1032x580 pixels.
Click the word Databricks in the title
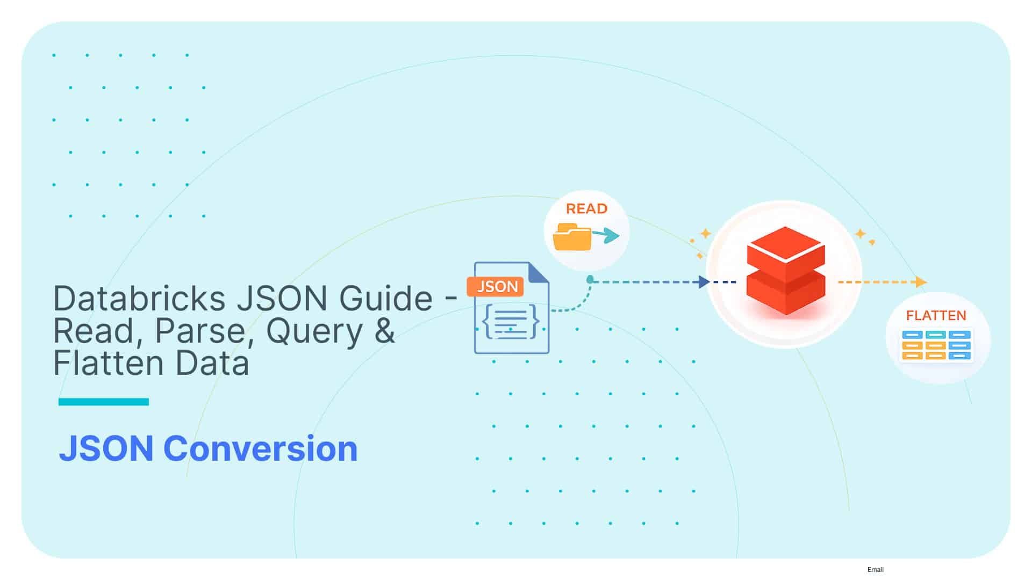139,299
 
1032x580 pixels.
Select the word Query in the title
314,331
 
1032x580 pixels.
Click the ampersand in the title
385,331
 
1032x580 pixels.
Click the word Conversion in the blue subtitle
260,449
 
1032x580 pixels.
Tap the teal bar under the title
103,402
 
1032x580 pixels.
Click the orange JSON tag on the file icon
495,287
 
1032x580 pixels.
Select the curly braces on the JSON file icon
511,322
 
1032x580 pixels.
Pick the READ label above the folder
586,209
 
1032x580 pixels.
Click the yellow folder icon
571,237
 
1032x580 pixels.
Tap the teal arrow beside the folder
607,235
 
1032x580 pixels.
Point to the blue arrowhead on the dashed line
704,282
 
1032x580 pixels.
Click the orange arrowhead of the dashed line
921,282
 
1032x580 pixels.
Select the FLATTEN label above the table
936,316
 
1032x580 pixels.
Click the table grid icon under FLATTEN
936,345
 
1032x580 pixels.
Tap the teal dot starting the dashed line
590,279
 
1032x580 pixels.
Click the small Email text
875,570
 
